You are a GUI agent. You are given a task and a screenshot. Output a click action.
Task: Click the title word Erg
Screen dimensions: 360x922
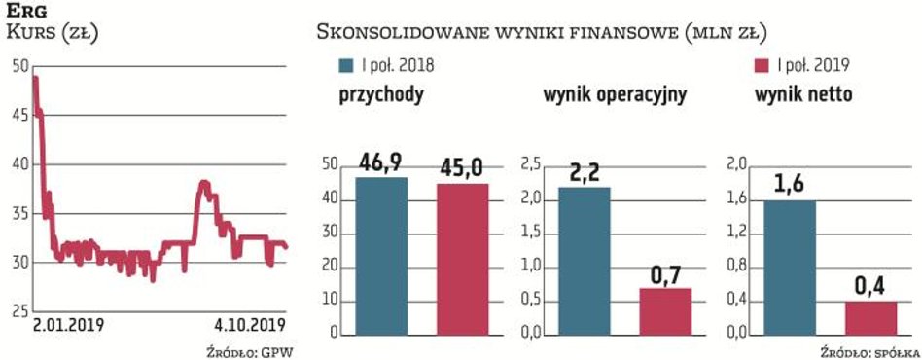(x=25, y=12)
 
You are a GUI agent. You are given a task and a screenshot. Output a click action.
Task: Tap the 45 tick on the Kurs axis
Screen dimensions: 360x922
(x=19, y=115)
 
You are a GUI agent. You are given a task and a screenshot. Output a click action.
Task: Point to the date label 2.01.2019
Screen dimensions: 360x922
(x=68, y=325)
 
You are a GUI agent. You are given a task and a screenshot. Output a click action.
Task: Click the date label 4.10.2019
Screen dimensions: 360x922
(x=249, y=325)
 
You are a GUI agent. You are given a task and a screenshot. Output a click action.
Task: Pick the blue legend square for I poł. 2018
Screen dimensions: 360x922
(x=346, y=65)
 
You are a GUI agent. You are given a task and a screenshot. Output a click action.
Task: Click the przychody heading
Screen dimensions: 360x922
(x=380, y=95)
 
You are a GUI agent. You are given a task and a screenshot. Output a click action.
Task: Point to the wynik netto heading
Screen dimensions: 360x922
(x=804, y=95)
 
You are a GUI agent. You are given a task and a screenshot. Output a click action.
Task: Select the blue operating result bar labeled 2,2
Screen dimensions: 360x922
(x=584, y=261)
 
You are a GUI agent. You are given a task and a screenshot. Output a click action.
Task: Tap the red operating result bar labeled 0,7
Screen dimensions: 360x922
(x=664, y=311)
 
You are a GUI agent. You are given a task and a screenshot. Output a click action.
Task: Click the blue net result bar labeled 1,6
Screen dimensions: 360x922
(x=789, y=268)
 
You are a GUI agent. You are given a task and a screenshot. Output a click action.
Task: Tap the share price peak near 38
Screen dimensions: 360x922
(x=204, y=183)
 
